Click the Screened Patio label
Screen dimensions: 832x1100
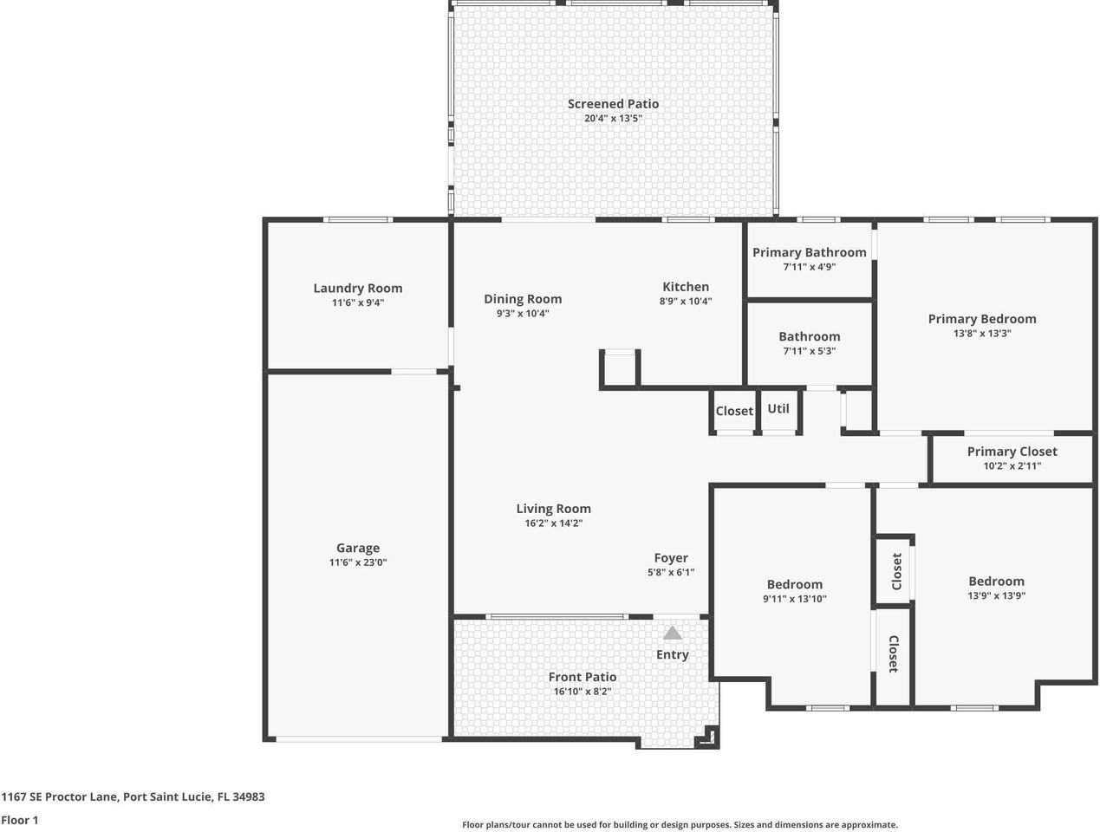pos(613,104)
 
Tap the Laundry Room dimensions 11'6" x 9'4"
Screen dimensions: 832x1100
pos(357,303)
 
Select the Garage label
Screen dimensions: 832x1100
pos(357,548)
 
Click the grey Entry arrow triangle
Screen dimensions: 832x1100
pos(673,634)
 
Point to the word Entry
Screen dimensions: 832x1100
pos(672,654)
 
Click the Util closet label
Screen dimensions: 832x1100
pos(778,408)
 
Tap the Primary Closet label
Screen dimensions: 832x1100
pos(1012,452)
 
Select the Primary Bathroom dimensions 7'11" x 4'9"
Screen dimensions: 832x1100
pos(809,267)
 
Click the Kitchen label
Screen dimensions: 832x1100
pos(686,287)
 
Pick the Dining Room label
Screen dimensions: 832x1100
pos(523,299)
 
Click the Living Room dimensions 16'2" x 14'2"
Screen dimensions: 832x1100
pos(553,523)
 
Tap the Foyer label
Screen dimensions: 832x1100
pos(671,558)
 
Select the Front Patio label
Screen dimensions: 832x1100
pos(583,677)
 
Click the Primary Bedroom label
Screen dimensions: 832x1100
pos(982,319)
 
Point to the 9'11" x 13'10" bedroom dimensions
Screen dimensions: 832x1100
pos(794,599)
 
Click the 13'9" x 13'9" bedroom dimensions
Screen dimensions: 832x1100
pos(996,596)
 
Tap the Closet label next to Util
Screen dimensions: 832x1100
pos(734,411)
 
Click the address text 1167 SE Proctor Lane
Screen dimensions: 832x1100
pos(61,796)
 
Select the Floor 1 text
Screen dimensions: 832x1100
pos(20,820)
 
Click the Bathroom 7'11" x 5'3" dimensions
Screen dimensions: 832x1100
pos(809,351)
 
